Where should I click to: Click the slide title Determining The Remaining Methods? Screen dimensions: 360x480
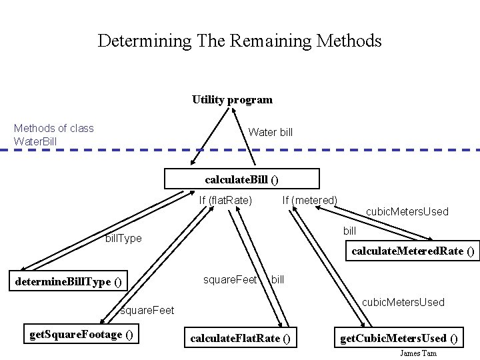(x=239, y=41)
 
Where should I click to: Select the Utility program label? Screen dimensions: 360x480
(x=232, y=100)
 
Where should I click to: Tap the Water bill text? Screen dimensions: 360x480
(x=270, y=132)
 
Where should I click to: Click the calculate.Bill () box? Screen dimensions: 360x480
(x=242, y=179)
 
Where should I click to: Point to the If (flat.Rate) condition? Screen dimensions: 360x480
(x=225, y=200)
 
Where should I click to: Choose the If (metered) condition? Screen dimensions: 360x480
(x=309, y=200)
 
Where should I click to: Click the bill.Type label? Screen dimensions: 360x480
(x=123, y=238)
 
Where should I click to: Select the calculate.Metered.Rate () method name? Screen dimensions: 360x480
(x=413, y=251)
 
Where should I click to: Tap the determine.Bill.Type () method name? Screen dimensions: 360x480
(x=69, y=281)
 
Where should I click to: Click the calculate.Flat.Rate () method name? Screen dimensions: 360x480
(x=240, y=339)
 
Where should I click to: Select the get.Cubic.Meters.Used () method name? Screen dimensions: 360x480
(x=399, y=339)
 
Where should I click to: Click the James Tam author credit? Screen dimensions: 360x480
(x=419, y=353)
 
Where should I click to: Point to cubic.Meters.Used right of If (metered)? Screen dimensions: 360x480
(x=407, y=212)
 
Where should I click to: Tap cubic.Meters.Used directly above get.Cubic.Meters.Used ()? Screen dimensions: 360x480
(x=403, y=303)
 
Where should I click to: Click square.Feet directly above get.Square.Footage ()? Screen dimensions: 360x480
(x=147, y=310)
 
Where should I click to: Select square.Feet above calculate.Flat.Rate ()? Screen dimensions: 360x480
(x=230, y=279)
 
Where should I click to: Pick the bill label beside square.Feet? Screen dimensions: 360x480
(x=277, y=279)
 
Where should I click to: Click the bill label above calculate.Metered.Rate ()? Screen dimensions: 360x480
(x=349, y=231)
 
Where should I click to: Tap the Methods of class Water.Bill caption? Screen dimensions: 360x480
(x=53, y=135)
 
